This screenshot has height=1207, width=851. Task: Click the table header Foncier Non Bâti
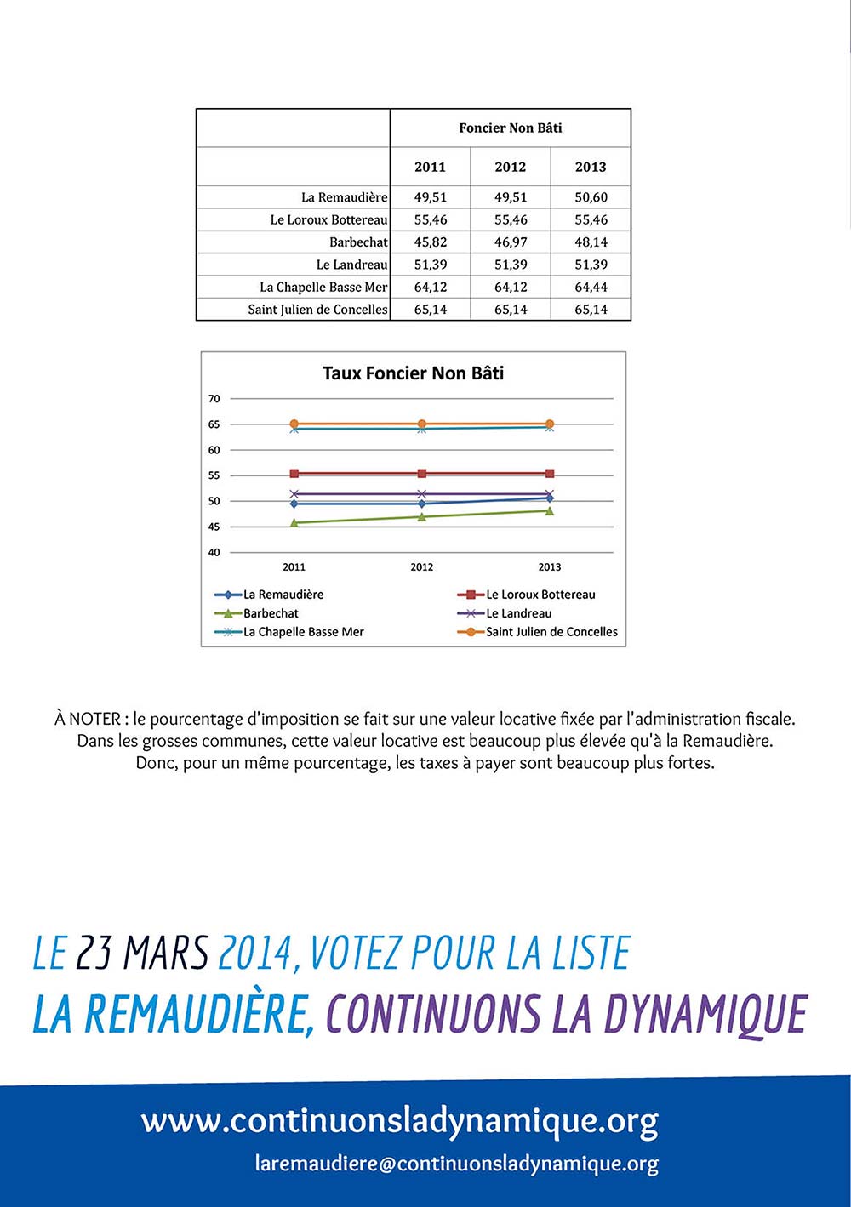tap(511, 128)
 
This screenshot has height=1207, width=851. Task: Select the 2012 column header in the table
tap(511, 167)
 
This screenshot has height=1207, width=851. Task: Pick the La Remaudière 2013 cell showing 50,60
tap(591, 197)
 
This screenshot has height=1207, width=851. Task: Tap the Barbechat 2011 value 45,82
tap(431, 242)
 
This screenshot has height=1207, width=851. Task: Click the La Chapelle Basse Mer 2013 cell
tap(591, 288)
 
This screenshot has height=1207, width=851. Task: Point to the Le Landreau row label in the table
tap(351, 265)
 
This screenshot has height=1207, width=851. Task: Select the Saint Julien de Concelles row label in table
tap(317, 310)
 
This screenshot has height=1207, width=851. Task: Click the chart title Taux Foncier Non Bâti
tap(413, 373)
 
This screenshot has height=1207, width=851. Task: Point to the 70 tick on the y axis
tap(214, 399)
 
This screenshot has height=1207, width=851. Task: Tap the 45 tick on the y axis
tap(214, 527)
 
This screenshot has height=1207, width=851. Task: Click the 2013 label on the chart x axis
tap(550, 567)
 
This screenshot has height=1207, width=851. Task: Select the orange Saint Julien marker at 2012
tap(422, 424)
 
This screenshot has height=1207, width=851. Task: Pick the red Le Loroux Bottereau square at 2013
tap(550, 474)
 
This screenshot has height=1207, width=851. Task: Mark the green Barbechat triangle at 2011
tap(294, 522)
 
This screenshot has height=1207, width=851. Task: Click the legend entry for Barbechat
tap(271, 613)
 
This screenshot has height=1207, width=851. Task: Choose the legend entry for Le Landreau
tap(518, 613)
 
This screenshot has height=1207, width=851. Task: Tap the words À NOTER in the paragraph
tap(88, 719)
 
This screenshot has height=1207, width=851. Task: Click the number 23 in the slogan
tap(94, 953)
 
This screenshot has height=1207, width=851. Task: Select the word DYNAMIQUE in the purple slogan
tap(705, 1014)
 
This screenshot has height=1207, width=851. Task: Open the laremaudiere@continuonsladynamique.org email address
tap(456, 1164)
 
